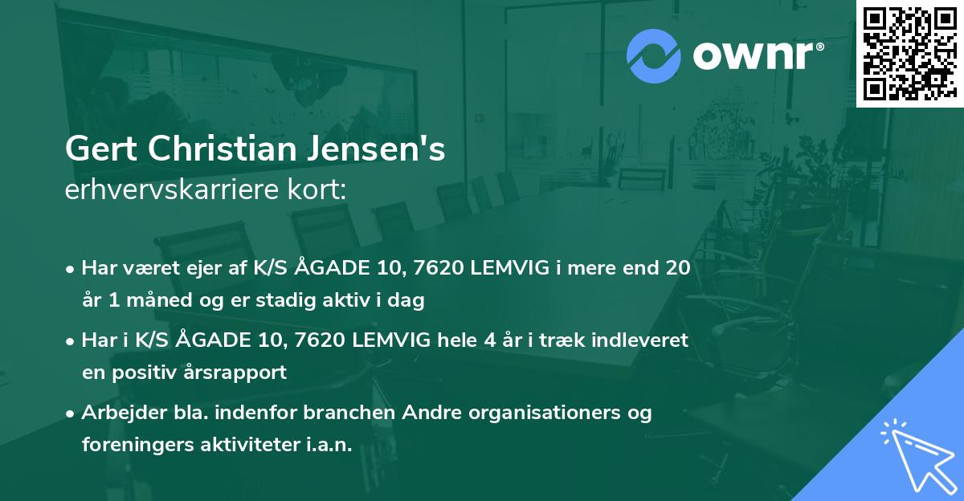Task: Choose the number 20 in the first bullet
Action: point(675,268)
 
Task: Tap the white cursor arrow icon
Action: point(915,454)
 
